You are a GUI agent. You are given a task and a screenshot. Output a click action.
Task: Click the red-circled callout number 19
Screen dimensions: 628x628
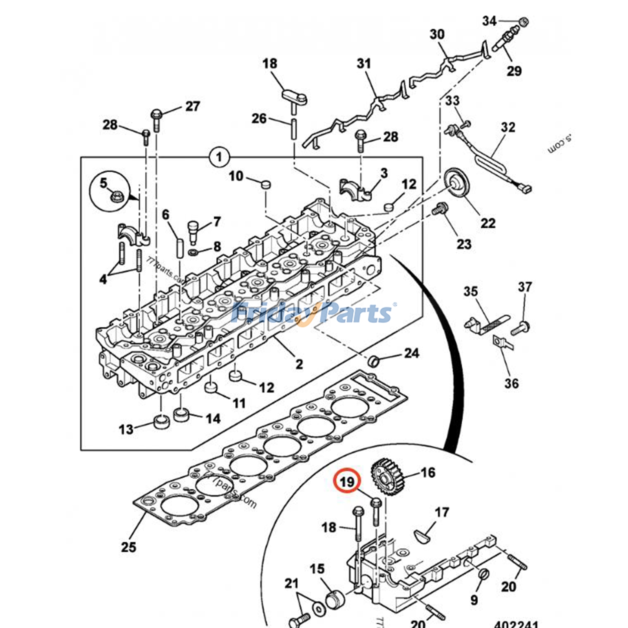tap(347, 481)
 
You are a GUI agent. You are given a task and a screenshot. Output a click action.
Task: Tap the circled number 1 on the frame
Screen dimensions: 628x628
tap(219, 157)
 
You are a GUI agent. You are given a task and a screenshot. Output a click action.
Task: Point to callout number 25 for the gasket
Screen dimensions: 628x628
tap(128, 547)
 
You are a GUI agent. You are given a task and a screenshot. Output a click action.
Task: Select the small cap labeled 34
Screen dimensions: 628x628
tap(523, 22)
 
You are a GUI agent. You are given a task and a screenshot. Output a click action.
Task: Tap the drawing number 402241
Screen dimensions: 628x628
tap(516, 623)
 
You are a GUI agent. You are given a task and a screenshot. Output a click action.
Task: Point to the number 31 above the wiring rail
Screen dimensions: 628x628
tap(363, 63)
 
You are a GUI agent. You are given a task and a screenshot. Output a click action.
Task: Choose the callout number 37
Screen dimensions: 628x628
tap(524, 287)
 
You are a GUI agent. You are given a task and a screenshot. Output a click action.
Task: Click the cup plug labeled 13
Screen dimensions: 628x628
tap(161, 422)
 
